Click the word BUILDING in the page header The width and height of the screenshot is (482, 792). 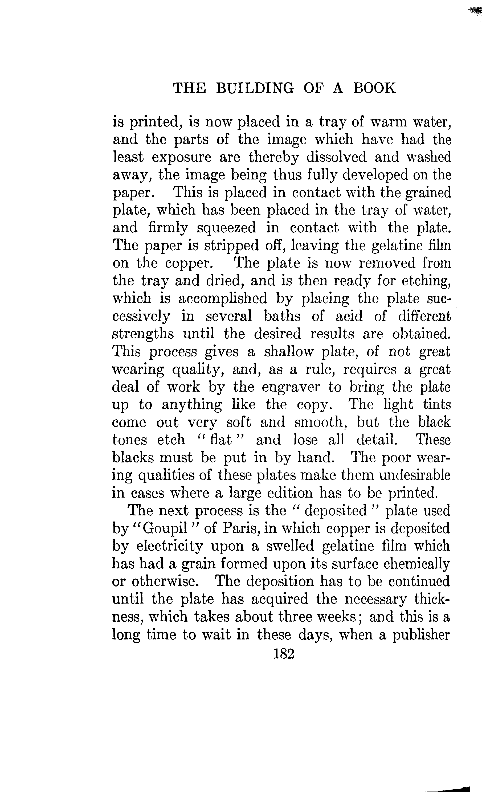pyautogui.click(x=254, y=88)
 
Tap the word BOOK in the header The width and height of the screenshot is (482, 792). pyautogui.click(x=374, y=88)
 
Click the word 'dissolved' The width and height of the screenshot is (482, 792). pyautogui.click(x=336, y=157)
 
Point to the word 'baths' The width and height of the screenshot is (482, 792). pyautogui.click(x=282, y=316)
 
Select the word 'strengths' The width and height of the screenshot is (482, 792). pyautogui.click(x=143, y=335)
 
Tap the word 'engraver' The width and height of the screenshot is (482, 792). pyautogui.click(x=291, y=388)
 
